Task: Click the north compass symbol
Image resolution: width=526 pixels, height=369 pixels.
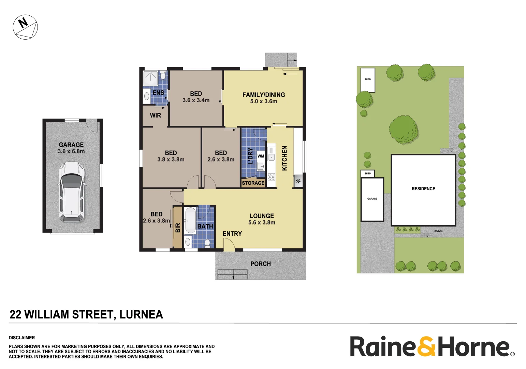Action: (x=25, y=27)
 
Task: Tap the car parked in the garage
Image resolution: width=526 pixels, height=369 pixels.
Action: (x=72, y=192)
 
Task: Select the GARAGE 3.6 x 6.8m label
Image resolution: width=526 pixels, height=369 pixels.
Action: (x=71, y=148)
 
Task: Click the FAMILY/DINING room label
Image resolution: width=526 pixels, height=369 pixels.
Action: (x=263, y=98)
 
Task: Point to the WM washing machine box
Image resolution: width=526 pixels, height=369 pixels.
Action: (x=261, y=156)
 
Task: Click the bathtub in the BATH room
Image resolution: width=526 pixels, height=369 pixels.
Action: (x=190, y=220)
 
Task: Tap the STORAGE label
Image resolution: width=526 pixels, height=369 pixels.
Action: (x=253, y=183)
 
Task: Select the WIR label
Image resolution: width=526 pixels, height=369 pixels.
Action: (x=155, y=115)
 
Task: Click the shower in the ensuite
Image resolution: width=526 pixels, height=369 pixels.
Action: (x=150, y=78)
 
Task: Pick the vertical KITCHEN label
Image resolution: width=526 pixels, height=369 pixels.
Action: (x=284, y=158)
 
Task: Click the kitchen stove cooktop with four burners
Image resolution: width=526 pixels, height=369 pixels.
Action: (x=271, y=177)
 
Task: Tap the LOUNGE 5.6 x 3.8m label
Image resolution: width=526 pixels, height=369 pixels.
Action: (x=262, y=219)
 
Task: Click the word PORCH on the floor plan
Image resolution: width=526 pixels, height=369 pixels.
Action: (x=260, y=264)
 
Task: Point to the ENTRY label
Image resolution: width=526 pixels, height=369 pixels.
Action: (x=232, y=234)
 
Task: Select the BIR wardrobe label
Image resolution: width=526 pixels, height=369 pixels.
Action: (x=178, y=228)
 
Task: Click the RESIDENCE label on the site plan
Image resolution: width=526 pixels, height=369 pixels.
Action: (x=423, y=189)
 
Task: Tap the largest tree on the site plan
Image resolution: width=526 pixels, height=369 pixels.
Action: (x=403, y=129)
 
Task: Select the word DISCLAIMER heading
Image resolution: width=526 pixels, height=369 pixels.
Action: (x=22, y=338)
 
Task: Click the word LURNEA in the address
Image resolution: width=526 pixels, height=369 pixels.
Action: (x=141, y=314)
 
